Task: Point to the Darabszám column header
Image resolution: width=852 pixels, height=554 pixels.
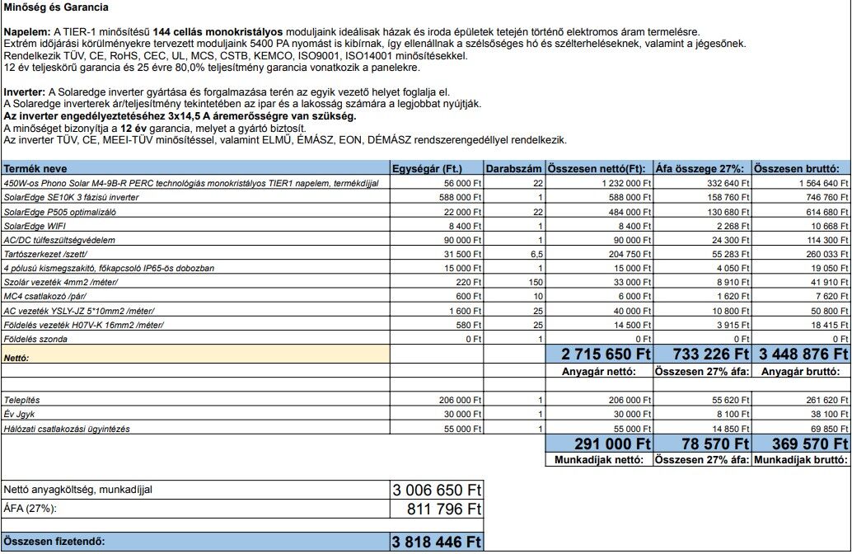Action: click(x=514, y=168)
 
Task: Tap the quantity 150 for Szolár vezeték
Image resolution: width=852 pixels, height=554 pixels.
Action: click(x=531, y=282)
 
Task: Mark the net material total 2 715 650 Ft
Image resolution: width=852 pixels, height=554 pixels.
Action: click(x=606, y=354)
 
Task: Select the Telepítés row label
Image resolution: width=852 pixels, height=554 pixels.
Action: click(x=23, y=400)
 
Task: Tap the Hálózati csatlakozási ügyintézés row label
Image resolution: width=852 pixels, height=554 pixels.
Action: click(x=66, y=429)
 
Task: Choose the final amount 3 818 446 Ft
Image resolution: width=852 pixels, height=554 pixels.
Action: click(x=436, y=542)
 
